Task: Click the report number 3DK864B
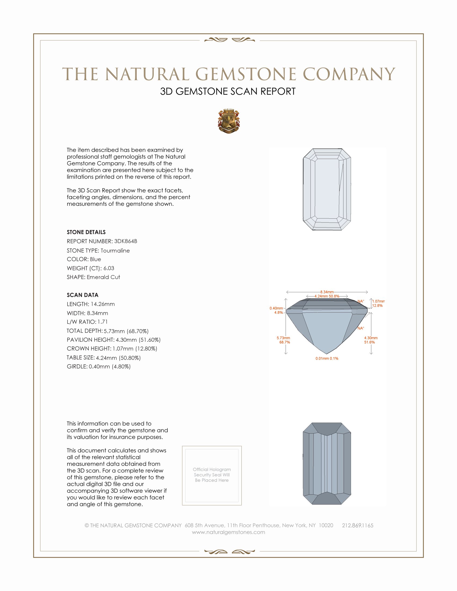coord(126,241)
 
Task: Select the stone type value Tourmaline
coord(115,251)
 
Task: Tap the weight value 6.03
coord(109,268)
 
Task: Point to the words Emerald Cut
coord(103,277)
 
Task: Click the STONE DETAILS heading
coord(86,232)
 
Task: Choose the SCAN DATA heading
coord(83,295)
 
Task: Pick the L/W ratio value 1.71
coord(103,322)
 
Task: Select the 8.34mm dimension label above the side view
coord(327,292)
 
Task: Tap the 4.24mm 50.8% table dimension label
coord(327,296)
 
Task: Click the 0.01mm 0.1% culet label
coord(327,359)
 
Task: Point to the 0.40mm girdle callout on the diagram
coord(276,308)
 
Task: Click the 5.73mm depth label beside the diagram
coord(283,338)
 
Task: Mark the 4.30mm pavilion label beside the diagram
coord(371,338)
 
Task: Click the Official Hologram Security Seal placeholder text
coord(212,475)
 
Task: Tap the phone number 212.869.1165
coord(358,525)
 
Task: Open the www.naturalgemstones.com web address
coord(228,532)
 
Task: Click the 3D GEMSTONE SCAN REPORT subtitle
coord(228,91)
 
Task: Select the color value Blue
coord(95,259)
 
